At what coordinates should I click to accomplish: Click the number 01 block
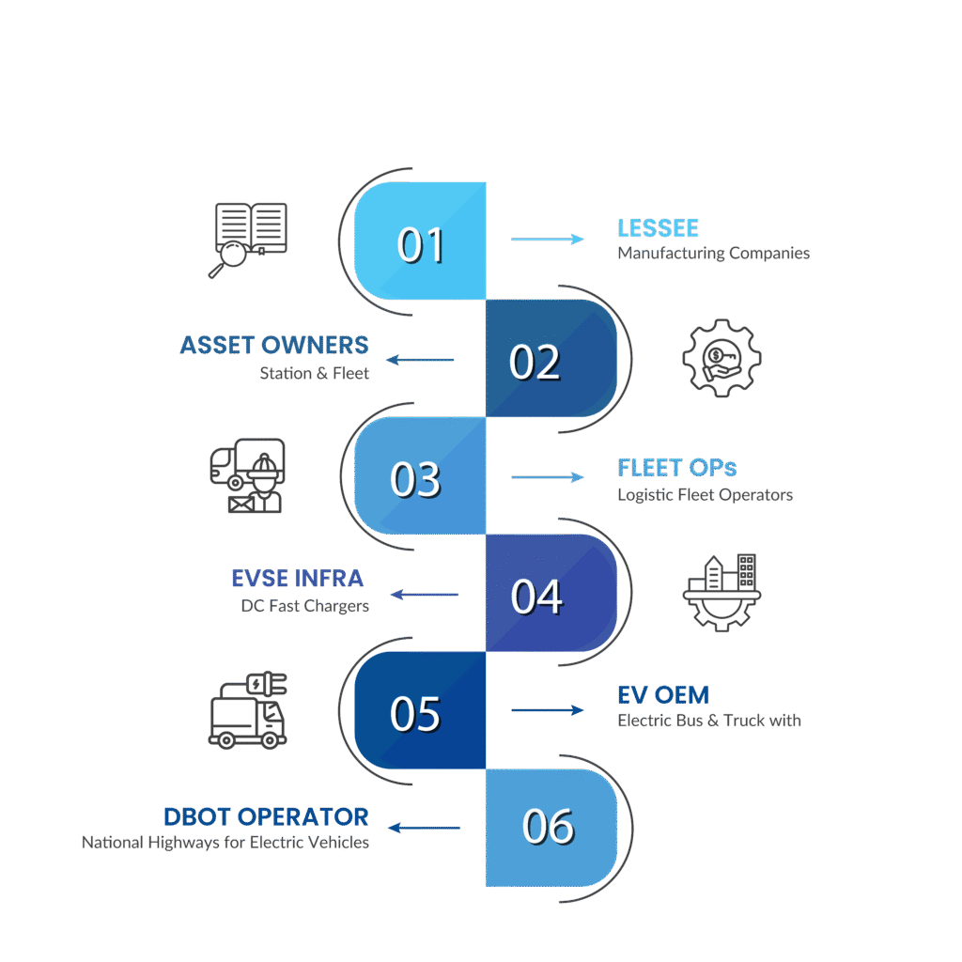[x=420, y=241]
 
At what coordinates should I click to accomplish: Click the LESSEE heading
[x=658, y=228]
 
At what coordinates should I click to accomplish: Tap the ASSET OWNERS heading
[x=274, y=346]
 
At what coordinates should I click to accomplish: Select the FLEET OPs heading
[x=676, y=468]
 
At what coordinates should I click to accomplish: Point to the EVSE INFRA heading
[x=298, y=578]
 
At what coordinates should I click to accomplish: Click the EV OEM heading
[x=662, y=696]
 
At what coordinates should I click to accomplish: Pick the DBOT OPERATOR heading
[x=266, y=816]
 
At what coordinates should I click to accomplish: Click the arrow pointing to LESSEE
[x=547, y=240]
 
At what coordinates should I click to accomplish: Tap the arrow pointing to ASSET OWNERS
[x=421, y=360]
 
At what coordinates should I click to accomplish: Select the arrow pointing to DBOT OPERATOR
[x=424, y=828]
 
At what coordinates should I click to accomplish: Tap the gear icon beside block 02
[x=721, y=358]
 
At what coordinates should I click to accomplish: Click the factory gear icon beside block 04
[x=721, y=592]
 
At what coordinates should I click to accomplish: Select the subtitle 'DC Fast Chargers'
[x=305, y=606]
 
